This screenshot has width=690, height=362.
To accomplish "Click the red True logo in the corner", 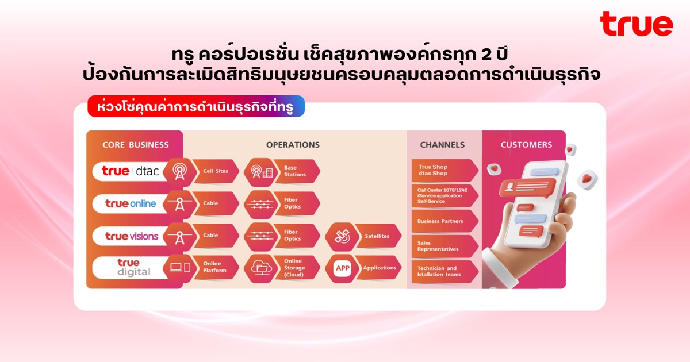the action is tap(637, 24).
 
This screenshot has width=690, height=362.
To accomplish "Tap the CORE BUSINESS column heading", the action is tap(136, 145).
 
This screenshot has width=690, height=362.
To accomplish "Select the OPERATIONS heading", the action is tap(293, 145).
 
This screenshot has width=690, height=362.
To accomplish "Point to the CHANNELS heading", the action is tap(442, 145).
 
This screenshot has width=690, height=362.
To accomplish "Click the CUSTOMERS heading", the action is tap(526, 145).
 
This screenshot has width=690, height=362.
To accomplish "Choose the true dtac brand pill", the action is tap(131, 171).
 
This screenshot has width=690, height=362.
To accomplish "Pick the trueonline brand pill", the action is tap(131, 203).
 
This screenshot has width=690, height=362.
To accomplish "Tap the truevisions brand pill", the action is tap(131, 236).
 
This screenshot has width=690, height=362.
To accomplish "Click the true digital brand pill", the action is tap(131, 268).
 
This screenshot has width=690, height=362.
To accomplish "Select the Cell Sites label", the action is tap(216, 171).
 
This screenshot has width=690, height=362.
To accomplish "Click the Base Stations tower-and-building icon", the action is tap(261, 172).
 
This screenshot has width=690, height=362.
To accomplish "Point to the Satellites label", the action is tap(377, 236).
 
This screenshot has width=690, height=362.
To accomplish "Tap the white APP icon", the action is tap(342, 268).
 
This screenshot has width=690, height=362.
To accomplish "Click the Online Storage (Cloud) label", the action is tap(294, 268).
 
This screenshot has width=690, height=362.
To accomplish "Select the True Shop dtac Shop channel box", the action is tap(445, 170).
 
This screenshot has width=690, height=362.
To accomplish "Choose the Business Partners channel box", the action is tap(445, 221).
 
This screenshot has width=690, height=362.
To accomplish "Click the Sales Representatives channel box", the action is tap(445, 247).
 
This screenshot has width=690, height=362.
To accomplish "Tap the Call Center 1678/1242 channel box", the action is tap(445, 196).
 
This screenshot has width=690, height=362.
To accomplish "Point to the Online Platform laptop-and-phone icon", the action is tap(180, 267).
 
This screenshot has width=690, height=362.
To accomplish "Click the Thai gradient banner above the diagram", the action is tap(196, 106).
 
